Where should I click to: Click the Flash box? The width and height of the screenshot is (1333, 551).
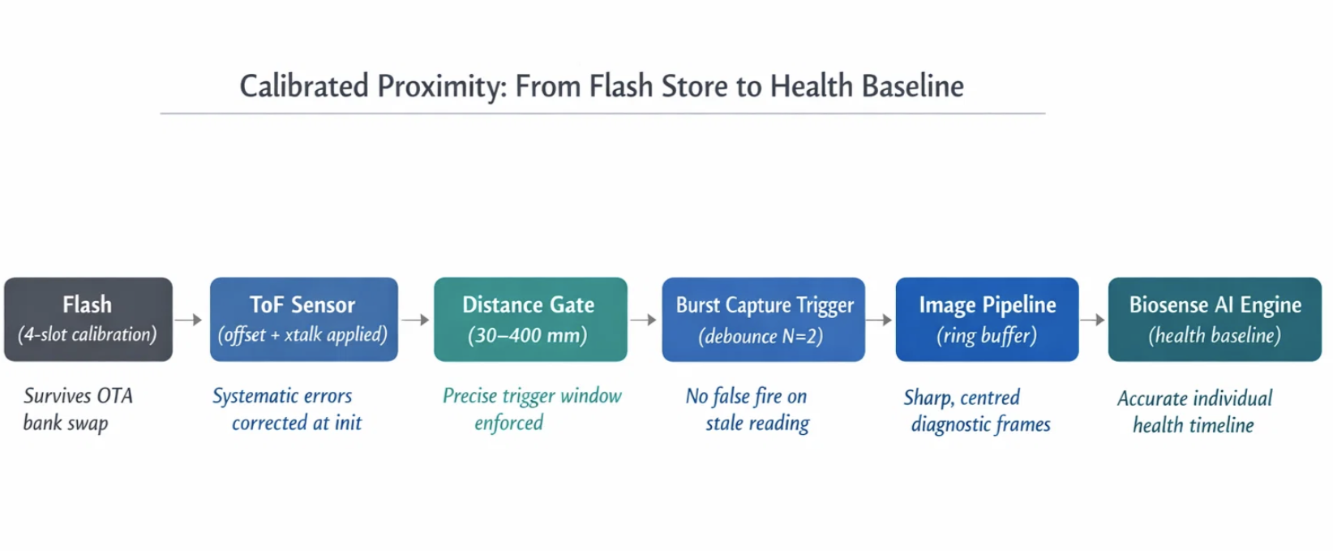tap(88, 319)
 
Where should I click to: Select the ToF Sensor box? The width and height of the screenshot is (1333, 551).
tap(303, 319)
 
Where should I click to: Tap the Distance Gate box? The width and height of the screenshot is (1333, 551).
tap(530, 319)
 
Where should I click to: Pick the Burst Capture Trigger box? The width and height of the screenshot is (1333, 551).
tap(763, 319)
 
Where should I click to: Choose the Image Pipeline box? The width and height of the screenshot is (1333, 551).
tap(987, 319)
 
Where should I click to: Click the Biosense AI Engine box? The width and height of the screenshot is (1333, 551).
tap(1215, 319)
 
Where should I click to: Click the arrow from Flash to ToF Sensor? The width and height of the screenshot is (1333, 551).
tap(189, 320)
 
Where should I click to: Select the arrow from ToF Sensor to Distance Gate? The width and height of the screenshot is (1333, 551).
tap(415, 320)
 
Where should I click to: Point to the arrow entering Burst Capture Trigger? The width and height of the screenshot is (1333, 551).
tap(644, 320)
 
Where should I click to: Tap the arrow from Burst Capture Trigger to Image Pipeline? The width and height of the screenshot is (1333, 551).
tap(880, 320)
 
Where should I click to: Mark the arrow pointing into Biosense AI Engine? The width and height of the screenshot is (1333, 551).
tap(1093, 320)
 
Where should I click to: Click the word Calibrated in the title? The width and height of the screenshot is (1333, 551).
tap(304, 86)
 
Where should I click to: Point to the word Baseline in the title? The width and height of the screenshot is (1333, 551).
tap(913, 86)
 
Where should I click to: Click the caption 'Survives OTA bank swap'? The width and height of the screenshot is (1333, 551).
tap(78, 409)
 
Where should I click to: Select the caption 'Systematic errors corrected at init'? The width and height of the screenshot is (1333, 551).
tap(288, 409)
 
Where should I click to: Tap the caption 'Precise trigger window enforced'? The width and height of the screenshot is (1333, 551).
tap(532, 409)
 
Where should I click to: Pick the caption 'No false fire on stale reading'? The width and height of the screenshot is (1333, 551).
tap(748, 410)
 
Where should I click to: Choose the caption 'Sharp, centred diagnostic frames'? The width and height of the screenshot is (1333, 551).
tap(977, 411)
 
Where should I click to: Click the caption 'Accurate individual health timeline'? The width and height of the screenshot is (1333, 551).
tap(1194, 411)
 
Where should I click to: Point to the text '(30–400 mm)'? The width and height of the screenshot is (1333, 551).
tap(527, 335)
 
